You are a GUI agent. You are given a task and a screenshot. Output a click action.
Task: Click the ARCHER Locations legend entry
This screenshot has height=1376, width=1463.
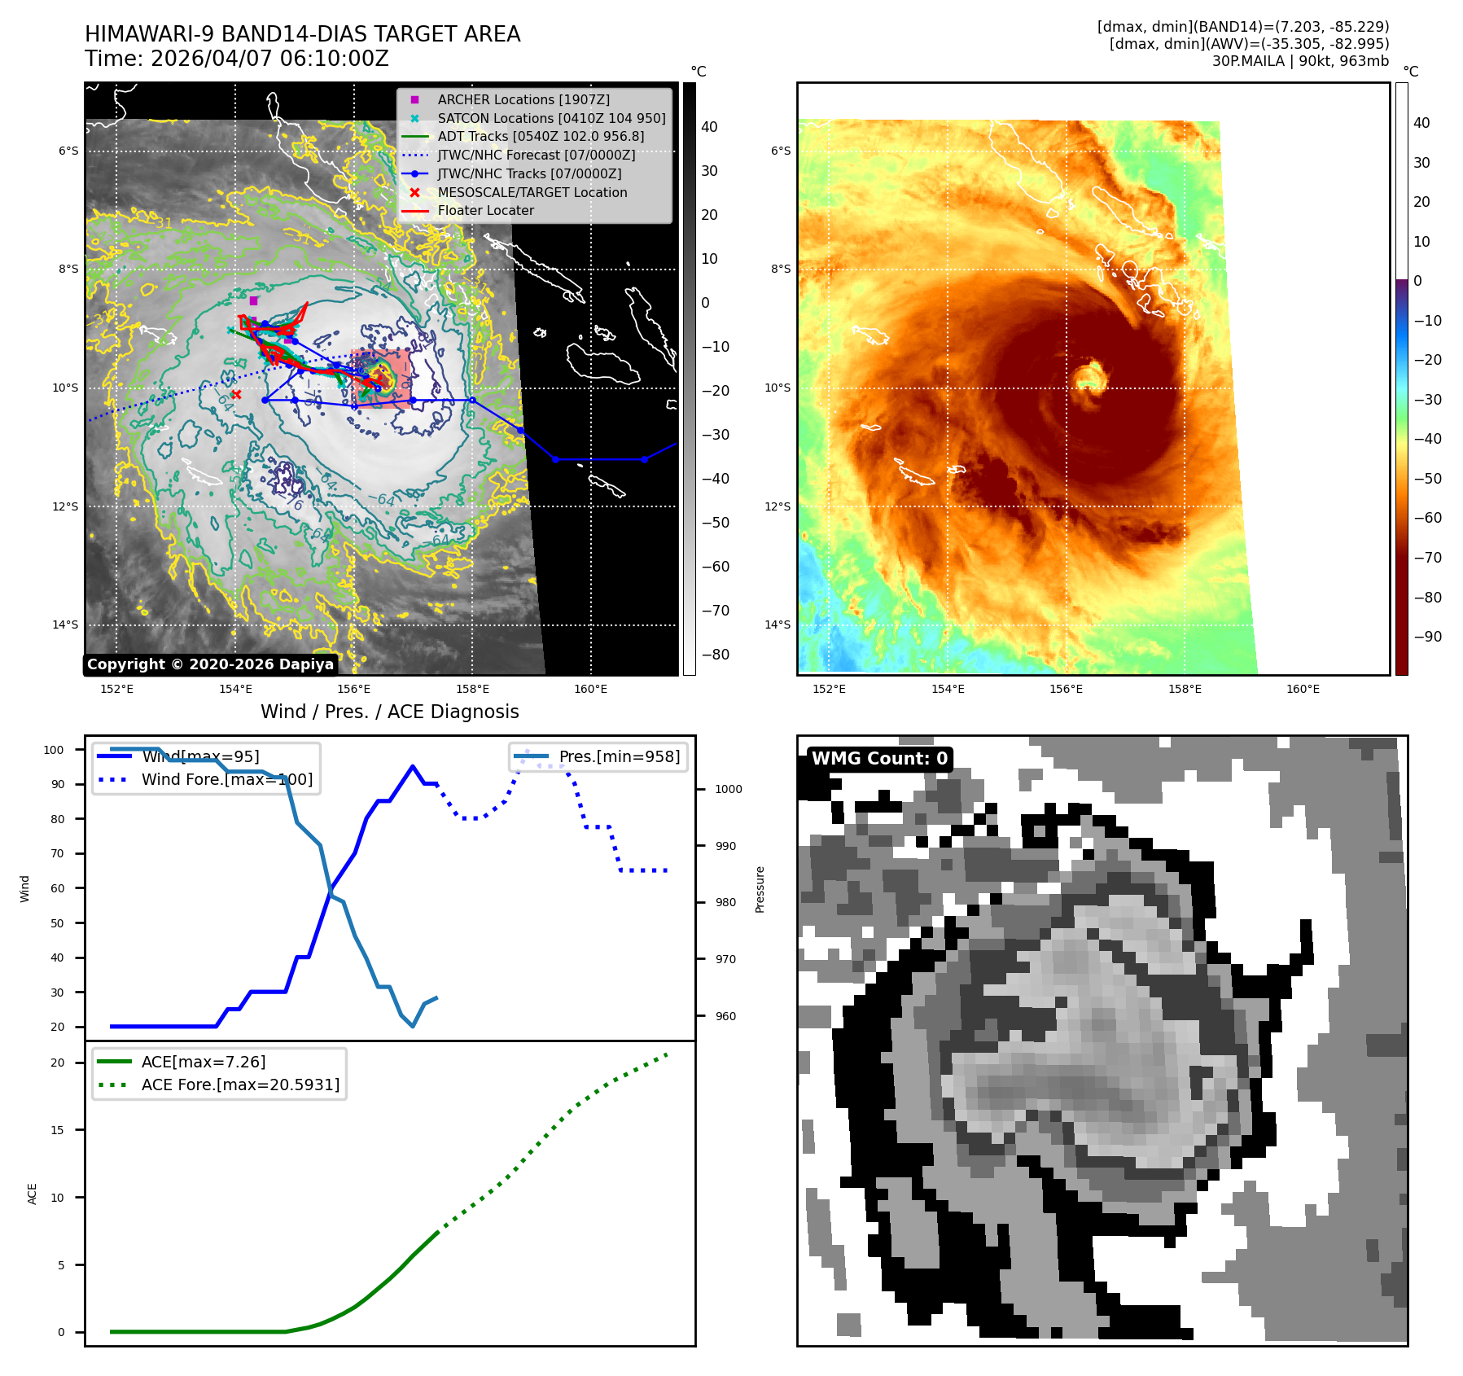tap(523, 99)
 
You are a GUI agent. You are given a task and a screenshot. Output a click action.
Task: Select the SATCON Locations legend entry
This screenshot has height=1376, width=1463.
tap(551, 118)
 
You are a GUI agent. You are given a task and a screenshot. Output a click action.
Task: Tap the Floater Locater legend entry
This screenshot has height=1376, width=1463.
tap(485, 210)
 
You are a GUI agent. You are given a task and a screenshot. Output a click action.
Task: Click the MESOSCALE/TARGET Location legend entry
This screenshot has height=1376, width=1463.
tap(532, 192)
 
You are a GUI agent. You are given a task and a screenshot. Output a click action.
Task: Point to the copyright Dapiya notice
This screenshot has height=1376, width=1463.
tap(210, 664)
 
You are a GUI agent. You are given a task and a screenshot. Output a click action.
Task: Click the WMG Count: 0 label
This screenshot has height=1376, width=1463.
tap(879, 759)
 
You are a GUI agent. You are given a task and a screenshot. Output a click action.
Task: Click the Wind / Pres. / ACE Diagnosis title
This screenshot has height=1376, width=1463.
tap(389, 712)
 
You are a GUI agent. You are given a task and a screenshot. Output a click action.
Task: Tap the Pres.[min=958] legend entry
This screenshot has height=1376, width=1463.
tap(619, 756)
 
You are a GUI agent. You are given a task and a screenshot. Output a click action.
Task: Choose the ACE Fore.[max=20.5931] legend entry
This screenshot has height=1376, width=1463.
tap(240, 1085)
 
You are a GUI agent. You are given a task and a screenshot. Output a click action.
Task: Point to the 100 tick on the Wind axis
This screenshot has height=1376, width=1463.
tap(54, 750)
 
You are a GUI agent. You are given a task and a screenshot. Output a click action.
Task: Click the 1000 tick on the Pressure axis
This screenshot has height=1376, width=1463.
tap(728, 789)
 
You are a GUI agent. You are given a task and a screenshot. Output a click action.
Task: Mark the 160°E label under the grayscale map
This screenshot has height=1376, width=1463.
tap(590, 689)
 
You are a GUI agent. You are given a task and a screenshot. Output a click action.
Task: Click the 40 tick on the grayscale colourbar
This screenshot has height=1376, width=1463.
tap(709, 127)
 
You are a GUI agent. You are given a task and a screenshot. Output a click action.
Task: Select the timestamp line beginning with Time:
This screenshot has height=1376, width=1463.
tap(236, 59)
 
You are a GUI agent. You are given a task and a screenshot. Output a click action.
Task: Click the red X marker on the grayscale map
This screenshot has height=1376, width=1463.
tap(236, 395)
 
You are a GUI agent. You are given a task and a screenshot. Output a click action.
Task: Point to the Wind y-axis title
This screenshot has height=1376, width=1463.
tap(24, 888)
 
